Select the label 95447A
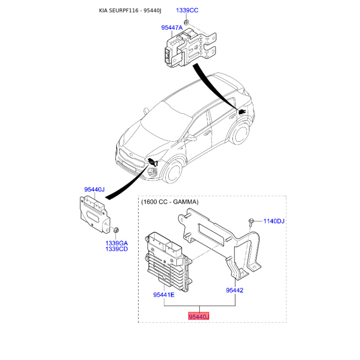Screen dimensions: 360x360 [172, 28]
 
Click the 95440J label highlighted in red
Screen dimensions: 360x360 [198, 317]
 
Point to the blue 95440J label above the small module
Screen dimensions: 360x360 [94, 189]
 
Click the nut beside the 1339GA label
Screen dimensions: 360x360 [115, 231]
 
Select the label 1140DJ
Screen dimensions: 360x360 [274, 221]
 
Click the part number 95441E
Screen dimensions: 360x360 [164, 295]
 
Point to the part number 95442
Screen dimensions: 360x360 [234, 290]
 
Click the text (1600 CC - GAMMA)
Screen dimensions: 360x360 [169, 202]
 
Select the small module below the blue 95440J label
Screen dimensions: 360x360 [94, 214]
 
